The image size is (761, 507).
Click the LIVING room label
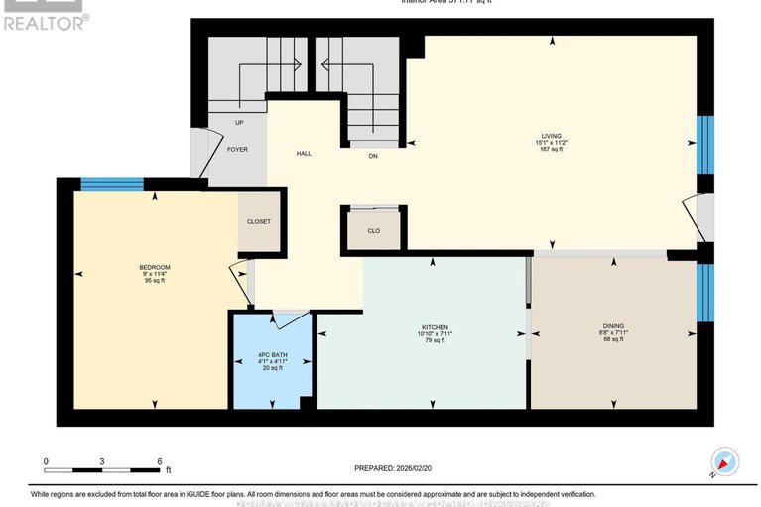pyautogui.click(x=552, y=137)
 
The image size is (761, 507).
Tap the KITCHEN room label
pyautogui.click(x=435, y=326)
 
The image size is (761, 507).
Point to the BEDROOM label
pyautogui.click(x=155, y=267)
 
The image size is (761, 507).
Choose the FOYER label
pyautogui.click(x=237, y=150)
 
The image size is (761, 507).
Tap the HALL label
pyautogui.click(x=305, y=155)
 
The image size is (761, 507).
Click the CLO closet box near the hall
pyautogui.click(x=373, y=229)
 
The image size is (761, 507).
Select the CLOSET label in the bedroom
pyautogui.click(x=259, y=221)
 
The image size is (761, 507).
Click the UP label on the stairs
pyautogui.click(x=239, y=123)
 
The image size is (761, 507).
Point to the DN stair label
pyautogui.click(x=373, y=156)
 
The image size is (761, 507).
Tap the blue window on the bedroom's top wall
pyautogui.click(x=111, y=183)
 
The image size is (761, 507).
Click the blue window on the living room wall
pyautogui.click(x=704, y=145)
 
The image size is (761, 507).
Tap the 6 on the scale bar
pyautogui.click(x=159, y=462)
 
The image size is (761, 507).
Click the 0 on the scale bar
pyautogui.click(x=45, y=462)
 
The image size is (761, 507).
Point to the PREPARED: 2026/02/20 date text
pyautogui.click(x=396, y=469)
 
